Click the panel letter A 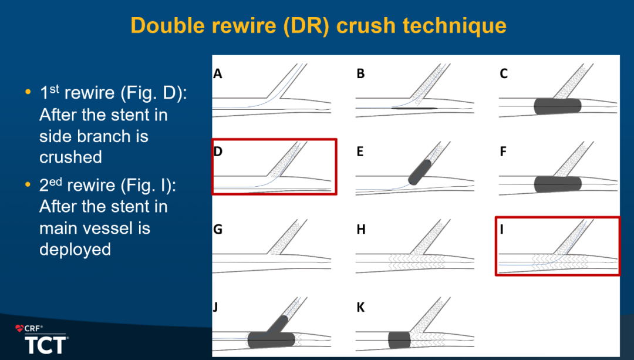click(218, 73)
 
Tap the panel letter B click(360, 73)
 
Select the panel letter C click(504, 73)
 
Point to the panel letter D click(218, 152)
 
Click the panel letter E click(360, 152)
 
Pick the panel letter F click(503, 152)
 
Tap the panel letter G click(218, 230)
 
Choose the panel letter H click(360, 230)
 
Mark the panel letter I click(502, 230)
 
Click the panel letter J click(215, 307)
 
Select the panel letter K click(360, 307)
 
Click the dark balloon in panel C click(558, 106)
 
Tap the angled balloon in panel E click(420, 172)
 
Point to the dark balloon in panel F click(558, 184)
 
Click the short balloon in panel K click(399, 340)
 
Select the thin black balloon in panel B click(414, 109)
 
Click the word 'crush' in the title click(366, 25)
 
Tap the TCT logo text click(46, 345)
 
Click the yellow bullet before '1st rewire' click(28, 92)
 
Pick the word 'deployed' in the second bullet click(75, 250)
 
